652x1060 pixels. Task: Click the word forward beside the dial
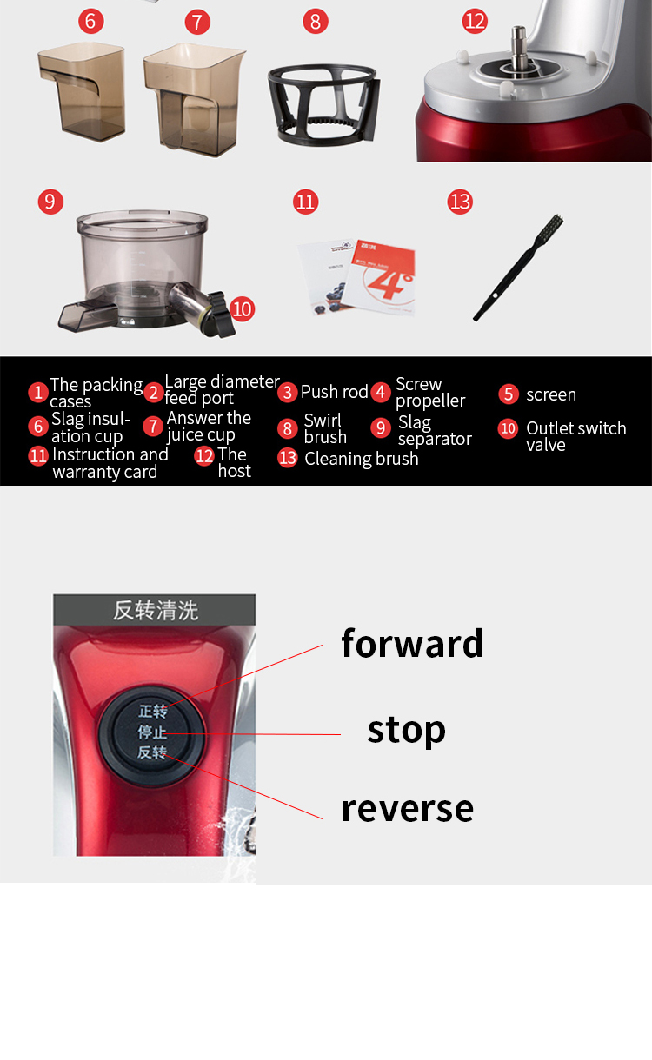coord(412,644)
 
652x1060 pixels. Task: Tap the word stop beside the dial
coord(406,730)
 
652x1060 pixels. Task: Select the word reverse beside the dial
coord(407,808)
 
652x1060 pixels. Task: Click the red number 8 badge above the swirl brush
coord(316,21)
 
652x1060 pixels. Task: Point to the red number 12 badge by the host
coord(475,21)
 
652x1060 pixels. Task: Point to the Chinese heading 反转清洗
coord(155,610)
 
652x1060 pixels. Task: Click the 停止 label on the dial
coord(152,732)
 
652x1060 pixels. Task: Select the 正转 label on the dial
coord(152,712)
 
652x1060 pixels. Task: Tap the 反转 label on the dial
coord(152,752)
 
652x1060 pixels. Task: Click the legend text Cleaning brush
coord(361,459)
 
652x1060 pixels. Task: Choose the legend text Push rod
coord(334,392)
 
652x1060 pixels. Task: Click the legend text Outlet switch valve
coord(575,436)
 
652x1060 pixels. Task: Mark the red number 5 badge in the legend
coord(509,394)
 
